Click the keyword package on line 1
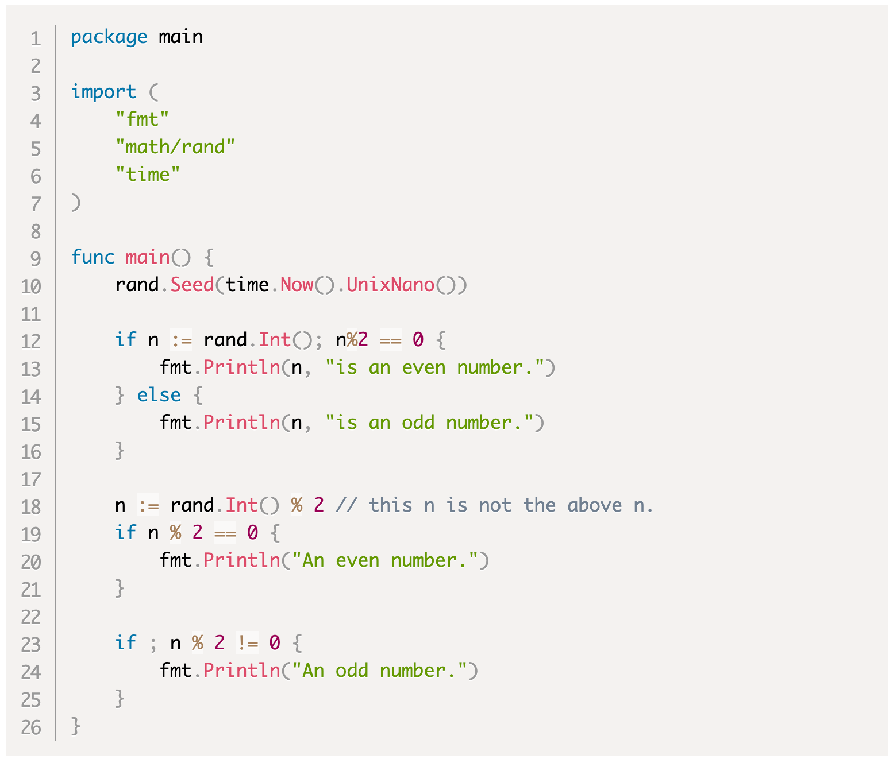109,37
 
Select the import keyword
103,92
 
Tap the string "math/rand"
175,147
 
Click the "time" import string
148,175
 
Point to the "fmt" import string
142,119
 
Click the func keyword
93,257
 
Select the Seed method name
192,285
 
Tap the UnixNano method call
390,285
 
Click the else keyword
159,395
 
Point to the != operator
248,643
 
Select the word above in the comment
595,505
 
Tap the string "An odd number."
379,671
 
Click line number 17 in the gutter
31,479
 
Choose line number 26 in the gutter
31,728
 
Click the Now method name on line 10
297,285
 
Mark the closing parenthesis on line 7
76,203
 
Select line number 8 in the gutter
36,231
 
